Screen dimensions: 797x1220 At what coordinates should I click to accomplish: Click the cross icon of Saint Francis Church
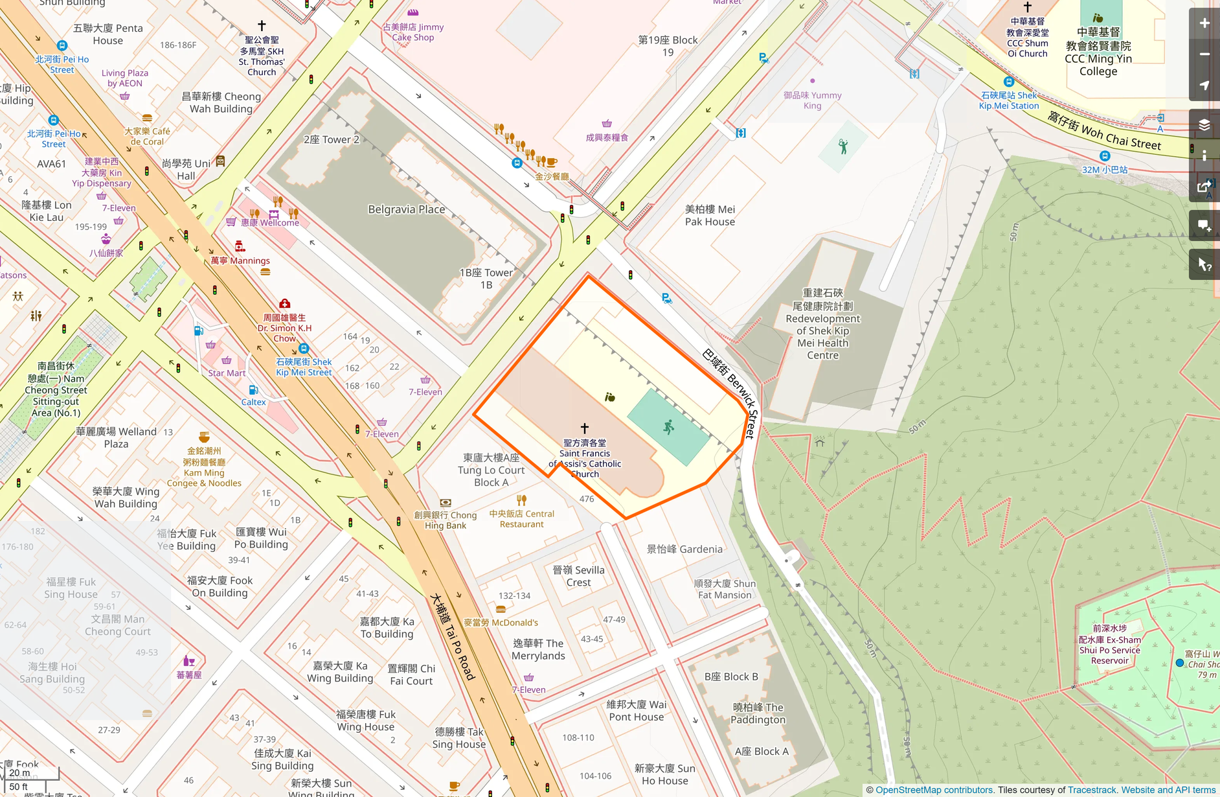coord(585,428)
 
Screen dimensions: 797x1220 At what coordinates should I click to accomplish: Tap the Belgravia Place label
coord(406,209)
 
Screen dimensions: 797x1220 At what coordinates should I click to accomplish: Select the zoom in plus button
coord(1204,23)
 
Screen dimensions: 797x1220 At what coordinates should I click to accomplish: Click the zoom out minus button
coord(1204,54)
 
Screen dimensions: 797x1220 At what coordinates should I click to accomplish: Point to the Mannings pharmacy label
coord(240,260)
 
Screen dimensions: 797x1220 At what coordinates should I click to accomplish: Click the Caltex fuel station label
coord(253,402)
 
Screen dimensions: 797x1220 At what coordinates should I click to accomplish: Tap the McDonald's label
coord(501,623)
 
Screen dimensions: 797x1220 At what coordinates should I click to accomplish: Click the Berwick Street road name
coord(730,393)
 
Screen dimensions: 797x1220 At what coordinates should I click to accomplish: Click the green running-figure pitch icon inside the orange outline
coord(668,427)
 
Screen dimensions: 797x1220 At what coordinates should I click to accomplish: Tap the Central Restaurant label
coord(521,519)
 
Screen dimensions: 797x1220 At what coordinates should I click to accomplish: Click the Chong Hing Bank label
coord(445,520)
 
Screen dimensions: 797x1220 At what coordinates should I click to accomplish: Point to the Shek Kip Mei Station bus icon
coord(1008,82)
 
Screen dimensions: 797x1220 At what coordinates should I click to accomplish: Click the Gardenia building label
coord(684,549)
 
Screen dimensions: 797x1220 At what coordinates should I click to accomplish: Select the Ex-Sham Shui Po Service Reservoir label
coord(1109,645)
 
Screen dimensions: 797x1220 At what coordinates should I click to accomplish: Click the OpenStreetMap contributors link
coord(934,790)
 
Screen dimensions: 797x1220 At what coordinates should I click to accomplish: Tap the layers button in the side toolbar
coord(1204,125)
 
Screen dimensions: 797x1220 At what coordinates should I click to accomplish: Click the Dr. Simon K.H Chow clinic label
coord(284,328)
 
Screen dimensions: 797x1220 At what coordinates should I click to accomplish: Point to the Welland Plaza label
coord(116,437)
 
